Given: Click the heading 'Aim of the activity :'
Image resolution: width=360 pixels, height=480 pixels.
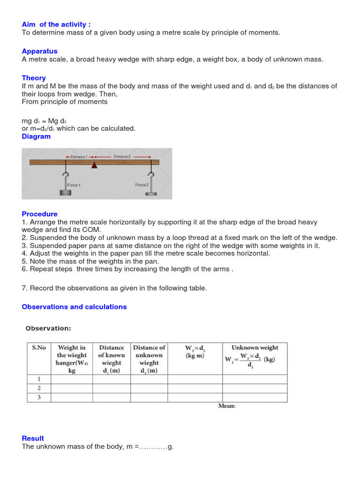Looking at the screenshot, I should click(56, 24).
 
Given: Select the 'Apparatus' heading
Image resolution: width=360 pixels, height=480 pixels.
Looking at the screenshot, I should click(40, 51).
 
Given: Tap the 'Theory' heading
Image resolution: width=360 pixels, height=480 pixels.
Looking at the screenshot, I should click(34, 78).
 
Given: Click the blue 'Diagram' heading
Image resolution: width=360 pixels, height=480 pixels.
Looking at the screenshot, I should click(36, 136).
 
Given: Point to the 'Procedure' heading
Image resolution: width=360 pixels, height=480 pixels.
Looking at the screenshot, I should click(40, 214).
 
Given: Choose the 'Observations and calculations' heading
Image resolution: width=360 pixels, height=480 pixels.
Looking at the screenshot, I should click(74, 307).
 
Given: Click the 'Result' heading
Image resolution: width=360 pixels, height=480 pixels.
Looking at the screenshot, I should click(33, 438).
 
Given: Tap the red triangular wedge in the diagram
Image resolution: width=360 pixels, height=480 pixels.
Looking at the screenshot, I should click(95, 165).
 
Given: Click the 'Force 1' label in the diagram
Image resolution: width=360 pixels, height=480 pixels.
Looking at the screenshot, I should click(74, 185).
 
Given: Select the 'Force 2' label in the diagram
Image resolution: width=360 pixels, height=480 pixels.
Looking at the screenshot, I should click(142, 185).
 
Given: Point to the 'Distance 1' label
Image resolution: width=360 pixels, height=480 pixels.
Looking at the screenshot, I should click(78, 157).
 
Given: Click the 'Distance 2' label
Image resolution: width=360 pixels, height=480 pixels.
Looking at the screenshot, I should click(122, 157).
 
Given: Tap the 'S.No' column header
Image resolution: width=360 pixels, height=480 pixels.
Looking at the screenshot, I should click(39, 348).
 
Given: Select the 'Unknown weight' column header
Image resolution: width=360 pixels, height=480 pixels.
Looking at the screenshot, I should click(255, 348).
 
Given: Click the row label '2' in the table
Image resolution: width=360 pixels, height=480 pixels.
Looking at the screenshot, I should click(39, 388).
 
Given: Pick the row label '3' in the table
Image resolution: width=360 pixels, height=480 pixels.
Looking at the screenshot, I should click(39, 397).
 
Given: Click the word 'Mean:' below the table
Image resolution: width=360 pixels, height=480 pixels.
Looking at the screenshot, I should click(227, 406).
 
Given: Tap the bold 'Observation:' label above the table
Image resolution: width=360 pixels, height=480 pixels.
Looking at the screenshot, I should click(48, 328).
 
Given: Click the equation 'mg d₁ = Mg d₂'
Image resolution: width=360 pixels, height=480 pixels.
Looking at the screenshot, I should click(44, 120).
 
